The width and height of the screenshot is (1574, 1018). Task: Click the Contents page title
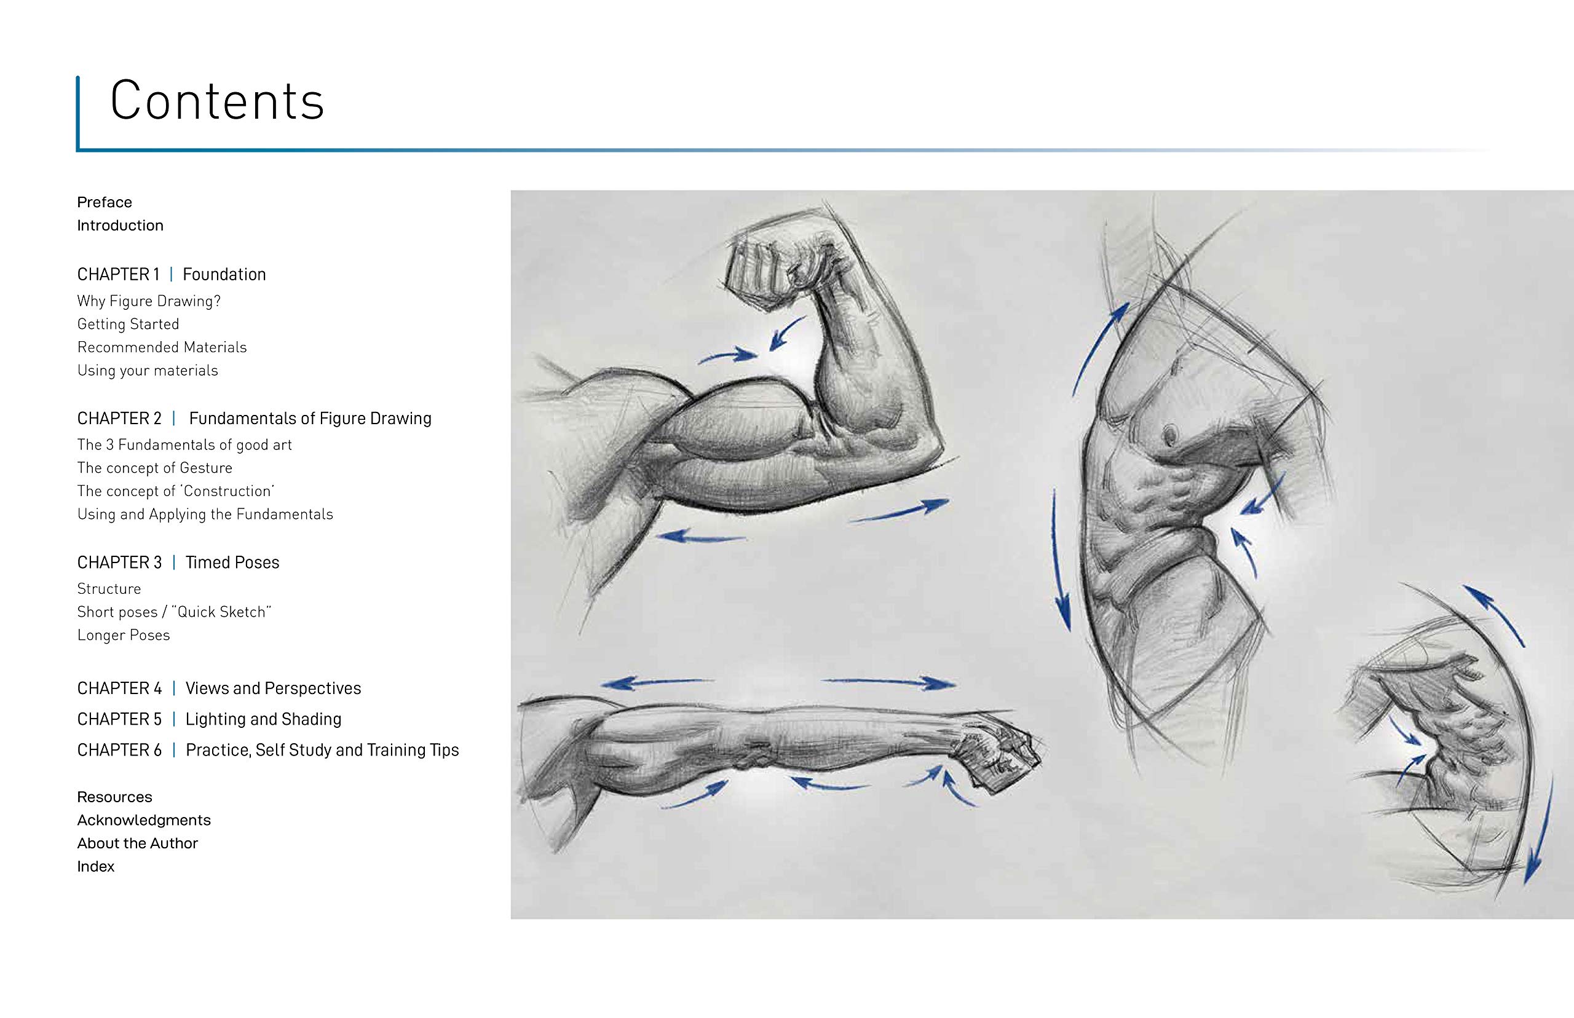coord(217,100)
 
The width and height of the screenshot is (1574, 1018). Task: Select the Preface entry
coord(105,202)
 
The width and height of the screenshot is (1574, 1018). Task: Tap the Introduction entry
coord(121,226)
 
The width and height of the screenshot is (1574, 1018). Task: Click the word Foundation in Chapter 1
coord(224,274)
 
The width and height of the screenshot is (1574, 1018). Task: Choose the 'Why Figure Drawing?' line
coord(149,301)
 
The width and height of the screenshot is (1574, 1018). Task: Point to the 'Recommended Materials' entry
coord(162,347)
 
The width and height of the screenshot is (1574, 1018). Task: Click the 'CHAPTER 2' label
coord(119,419)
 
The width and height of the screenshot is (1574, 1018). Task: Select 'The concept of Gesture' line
coord(155,468)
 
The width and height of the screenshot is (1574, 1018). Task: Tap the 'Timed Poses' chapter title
coord(232,562)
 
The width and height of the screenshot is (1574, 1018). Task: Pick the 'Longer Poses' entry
coord(124,635)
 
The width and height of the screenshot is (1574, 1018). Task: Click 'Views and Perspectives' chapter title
coord(273,688)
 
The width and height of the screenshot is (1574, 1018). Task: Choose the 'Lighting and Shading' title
coord(263,719)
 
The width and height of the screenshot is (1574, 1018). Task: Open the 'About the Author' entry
coord(138,843)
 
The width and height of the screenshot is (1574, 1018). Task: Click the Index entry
coord(96,867)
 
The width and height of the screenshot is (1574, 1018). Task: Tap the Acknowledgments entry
coord(144,820)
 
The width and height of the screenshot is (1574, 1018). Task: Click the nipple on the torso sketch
coord(1170,434)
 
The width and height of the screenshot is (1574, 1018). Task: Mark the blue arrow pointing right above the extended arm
coord(888,682)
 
